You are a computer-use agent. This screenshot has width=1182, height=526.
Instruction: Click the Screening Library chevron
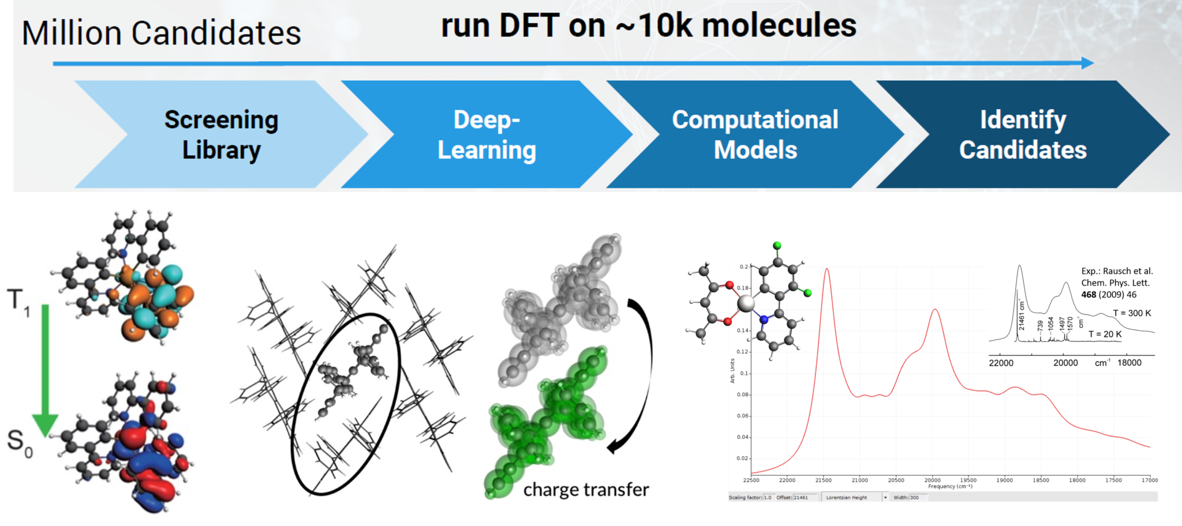tap(221, 134)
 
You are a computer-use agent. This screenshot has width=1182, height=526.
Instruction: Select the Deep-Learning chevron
tap(487, 134)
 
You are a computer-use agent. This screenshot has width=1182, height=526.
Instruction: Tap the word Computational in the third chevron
tap(755, 120)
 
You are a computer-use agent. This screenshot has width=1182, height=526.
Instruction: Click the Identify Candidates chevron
tap(1022, 134)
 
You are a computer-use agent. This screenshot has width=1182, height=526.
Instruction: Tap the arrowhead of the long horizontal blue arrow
tap(1087, 63)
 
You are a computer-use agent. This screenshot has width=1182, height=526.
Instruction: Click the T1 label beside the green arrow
tap(18, 302)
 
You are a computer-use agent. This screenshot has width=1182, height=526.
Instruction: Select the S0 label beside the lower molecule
tap(19, 443)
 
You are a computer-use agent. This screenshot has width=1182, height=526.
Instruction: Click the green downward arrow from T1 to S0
tap(45, 369)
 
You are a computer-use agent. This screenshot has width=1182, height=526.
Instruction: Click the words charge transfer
tap(586, 490)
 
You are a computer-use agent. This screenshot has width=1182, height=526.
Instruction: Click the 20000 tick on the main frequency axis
tap(932, 480)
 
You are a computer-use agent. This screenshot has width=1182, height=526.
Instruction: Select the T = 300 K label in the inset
tap(1132, 313)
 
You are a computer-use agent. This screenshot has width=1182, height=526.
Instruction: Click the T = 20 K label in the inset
tap(1105, 334)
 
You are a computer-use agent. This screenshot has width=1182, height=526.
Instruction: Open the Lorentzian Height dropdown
tap(885, 497)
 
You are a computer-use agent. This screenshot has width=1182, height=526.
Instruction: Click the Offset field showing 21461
tap(806, 497)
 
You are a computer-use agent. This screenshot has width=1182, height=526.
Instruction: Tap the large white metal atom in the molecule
tap(746, 303)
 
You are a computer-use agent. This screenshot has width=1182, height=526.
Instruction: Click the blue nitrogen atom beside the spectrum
tap(764, 319)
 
